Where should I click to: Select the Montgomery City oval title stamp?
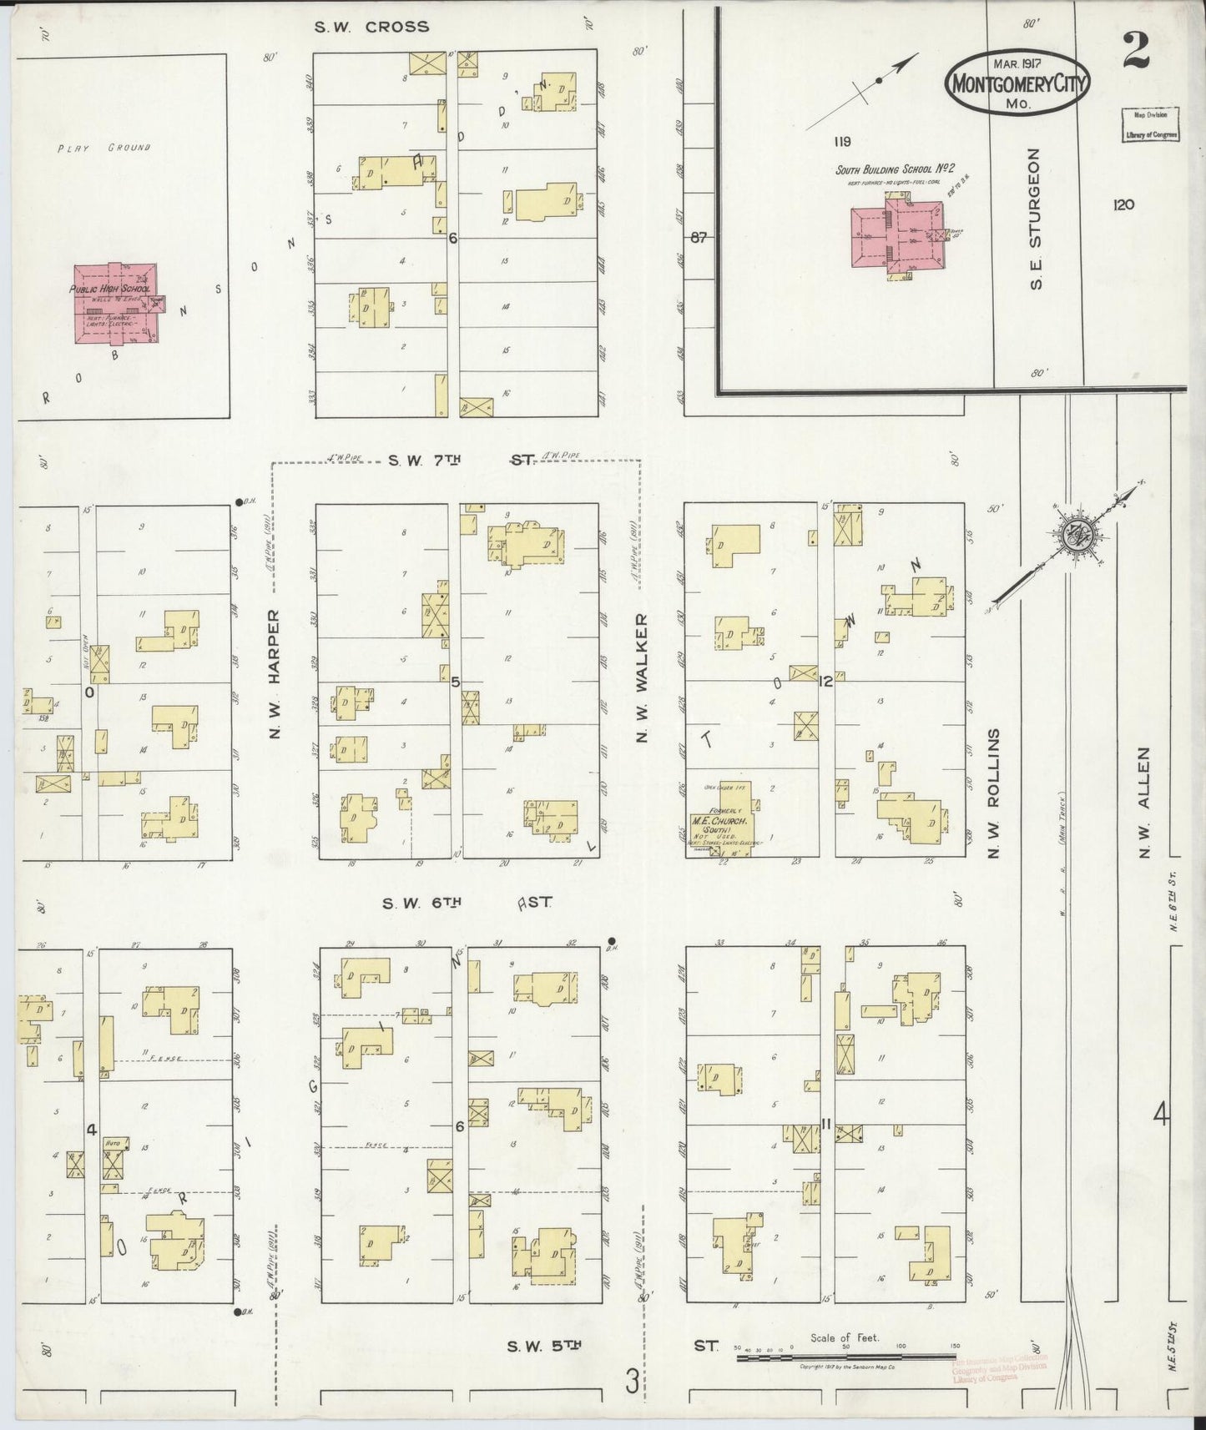[1017, 83]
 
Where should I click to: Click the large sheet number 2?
[1135, 50]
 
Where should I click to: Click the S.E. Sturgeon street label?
[1035, 219]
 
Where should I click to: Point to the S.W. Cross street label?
[371, 27]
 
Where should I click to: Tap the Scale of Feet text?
[845, 1337]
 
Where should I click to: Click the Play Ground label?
[104, 148]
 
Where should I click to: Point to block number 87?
[699, 238]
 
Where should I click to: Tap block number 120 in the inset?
[1123, 204]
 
